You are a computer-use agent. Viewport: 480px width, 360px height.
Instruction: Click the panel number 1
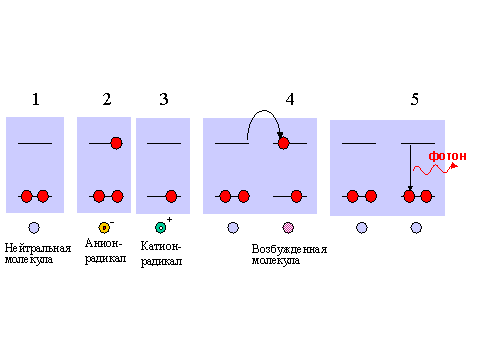[36, 99]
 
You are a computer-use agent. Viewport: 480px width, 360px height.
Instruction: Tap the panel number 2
[107, 99]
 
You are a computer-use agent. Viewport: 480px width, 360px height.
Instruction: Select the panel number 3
[164, 99]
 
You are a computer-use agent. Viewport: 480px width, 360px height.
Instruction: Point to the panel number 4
[290, 99]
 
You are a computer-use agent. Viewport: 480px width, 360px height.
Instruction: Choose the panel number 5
[414, 99]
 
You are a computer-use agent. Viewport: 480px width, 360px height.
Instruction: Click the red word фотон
[447, 156]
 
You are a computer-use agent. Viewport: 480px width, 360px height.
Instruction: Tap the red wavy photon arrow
[435, 169]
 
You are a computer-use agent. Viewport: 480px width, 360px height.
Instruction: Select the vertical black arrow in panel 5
[410, 168]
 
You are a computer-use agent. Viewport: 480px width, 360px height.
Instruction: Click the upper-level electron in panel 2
[116, 143]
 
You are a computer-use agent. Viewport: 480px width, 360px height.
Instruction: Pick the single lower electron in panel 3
[171, 196]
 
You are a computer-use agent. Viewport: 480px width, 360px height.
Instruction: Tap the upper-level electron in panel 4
[283, 143]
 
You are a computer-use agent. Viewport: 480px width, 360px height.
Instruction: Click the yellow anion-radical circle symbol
[104, 228]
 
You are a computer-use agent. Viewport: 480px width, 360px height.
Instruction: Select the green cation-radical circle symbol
[161, 228]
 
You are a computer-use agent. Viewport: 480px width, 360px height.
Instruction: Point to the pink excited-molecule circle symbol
[288, 228]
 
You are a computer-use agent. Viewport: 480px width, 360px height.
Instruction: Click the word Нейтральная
[38, 248]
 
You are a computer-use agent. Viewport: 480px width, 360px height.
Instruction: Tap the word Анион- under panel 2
[104, 243]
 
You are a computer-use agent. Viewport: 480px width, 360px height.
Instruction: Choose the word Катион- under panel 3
[161, 246]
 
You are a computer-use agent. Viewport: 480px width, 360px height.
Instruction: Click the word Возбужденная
[289, 249]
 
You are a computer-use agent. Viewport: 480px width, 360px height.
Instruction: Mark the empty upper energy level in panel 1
[35, 143]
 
